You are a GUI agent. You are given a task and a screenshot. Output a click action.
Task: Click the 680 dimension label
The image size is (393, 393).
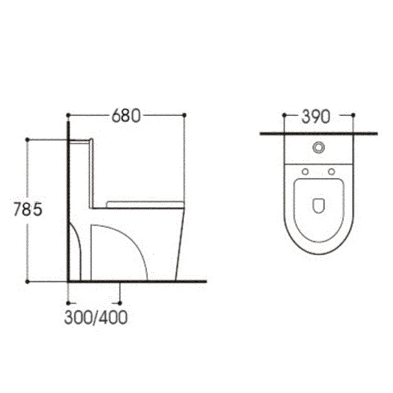point(126,116)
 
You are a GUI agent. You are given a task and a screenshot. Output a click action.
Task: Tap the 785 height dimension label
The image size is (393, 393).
point(28,209)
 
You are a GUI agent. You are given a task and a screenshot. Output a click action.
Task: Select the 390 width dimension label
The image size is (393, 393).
point(316,117)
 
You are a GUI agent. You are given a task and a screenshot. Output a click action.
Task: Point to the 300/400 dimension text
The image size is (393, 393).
point(96,318)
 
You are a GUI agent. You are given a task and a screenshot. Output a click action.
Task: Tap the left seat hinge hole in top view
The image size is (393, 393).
point(305,172)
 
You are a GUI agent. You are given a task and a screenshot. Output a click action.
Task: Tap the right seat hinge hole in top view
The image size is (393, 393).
point(332,172)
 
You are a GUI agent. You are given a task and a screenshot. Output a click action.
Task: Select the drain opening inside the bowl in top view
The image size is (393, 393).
point(319,206)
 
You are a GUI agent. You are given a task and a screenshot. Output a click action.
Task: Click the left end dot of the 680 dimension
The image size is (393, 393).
point(68,115)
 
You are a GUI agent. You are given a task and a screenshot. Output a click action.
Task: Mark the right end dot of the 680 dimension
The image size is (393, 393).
point(184,115)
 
